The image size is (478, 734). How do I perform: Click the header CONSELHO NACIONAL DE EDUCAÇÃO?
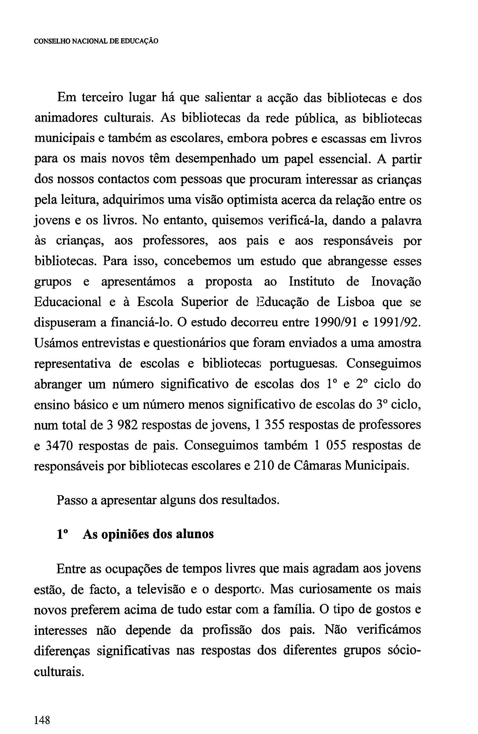[x=96, y=41]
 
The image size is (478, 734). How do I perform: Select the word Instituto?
[x=311, y=282]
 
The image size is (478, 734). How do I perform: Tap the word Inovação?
[x=396, y=282]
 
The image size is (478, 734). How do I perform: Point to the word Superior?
[x=205, y=302]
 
